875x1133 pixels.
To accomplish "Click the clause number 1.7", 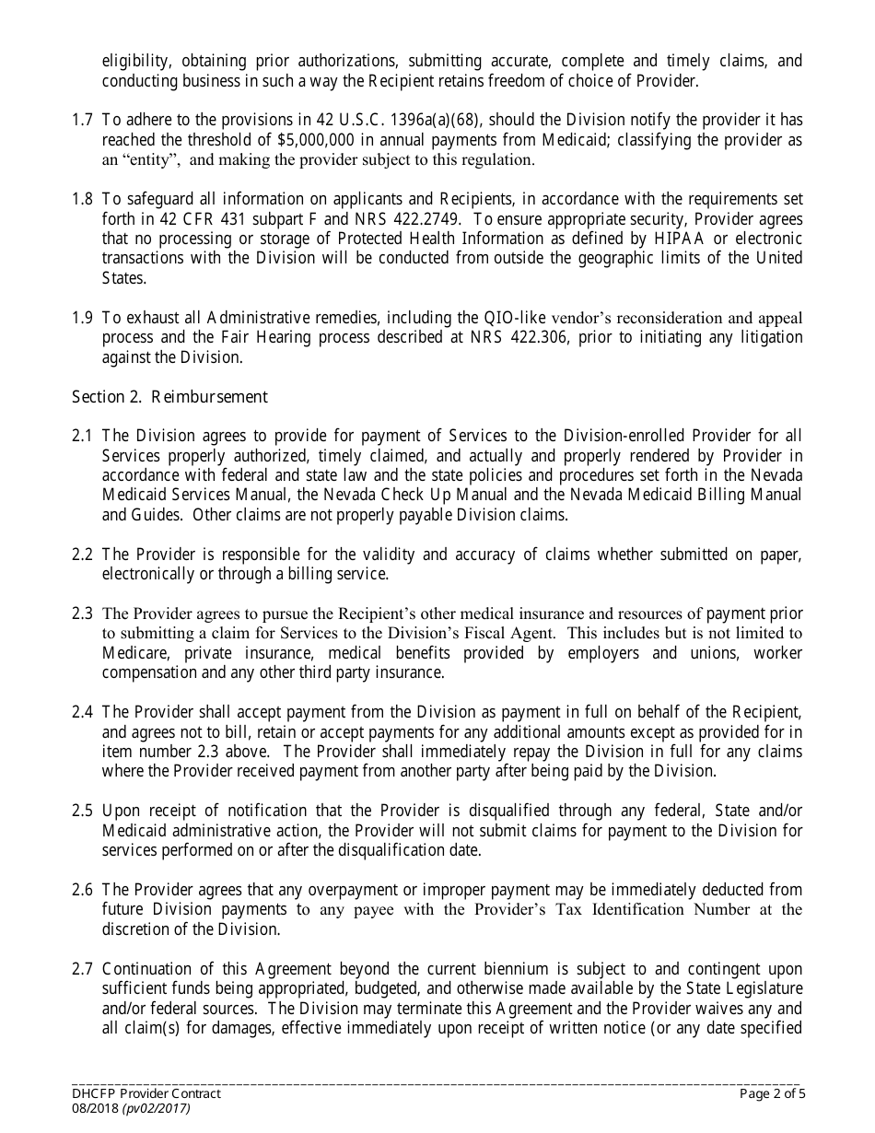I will [82, 120].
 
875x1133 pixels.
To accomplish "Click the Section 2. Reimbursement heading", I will [169, 397].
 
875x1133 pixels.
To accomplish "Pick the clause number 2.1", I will [82, 436].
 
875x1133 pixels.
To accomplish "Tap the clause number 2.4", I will [82, 712].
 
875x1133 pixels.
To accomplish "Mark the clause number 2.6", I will [82, 890].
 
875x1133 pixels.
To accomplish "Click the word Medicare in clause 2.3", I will [134, 653].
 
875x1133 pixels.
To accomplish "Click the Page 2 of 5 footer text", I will [772, 1094].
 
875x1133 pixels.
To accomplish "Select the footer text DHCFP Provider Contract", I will [146, 1094].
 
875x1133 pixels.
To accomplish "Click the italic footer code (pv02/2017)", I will [158, 1109].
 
